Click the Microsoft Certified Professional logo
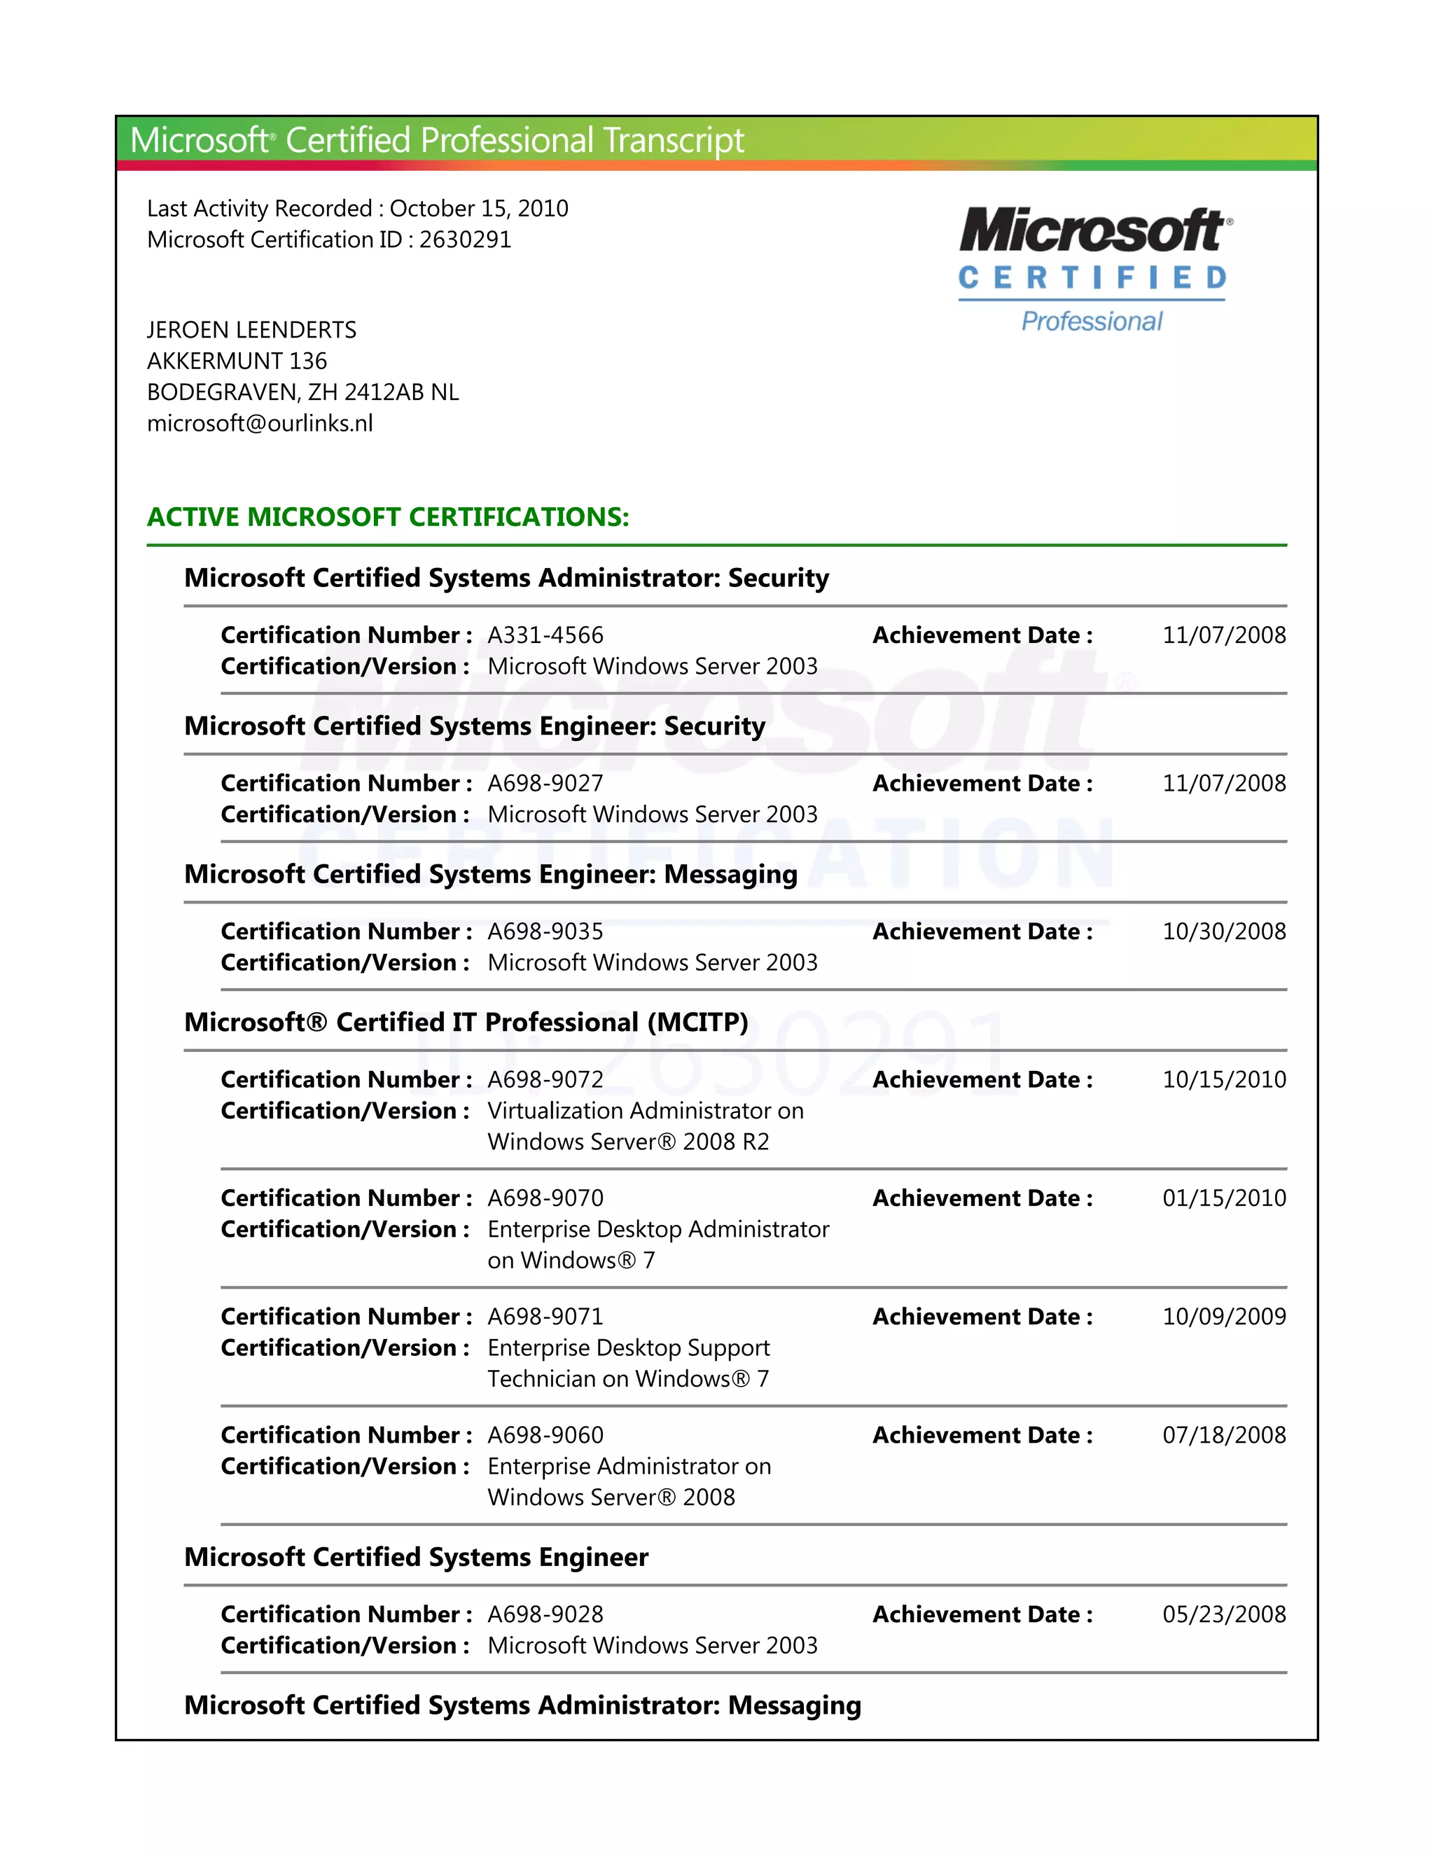pyautogui.click(x=1094, y=270)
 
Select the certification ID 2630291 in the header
pyautogui.click(x=465, y=240)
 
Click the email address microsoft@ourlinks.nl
pyautogui.click(x=260, y=423)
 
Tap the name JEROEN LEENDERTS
pyautogui.click(x=251, y=330)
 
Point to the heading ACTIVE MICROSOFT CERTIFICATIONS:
pyautogui.click(x=388, y=517)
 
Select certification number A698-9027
pyautogui.click(x=545, y=783)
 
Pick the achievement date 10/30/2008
pyautogui.click(x=1223, y=932)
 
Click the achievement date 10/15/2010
pyautogui.click(x=1223, y=1079)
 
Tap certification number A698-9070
pyautogui.click(x=545, y=1198)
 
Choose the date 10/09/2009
pyautogui.click(x=1223, y=1317)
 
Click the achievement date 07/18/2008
pyautogui.click(x=1223, y=1435)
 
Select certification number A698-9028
pyautogui.click(x=545, y=1614)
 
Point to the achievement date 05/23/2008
pyautogui.click(x=1223, y=1614)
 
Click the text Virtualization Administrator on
pyautogui.click(x=646, y=1111)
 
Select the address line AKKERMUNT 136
pyautogui.click(x=237, y=361)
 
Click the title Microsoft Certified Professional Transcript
pyautogui.click(x=437, y=140)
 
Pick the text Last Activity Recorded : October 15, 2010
pyautogui.click(x=358, y=208)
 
